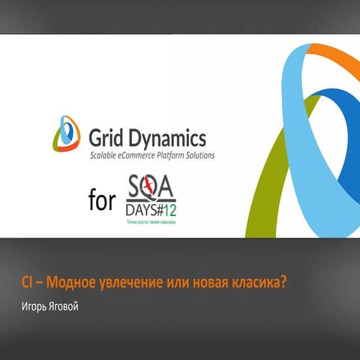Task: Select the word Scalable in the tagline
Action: (x=106, y=156)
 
